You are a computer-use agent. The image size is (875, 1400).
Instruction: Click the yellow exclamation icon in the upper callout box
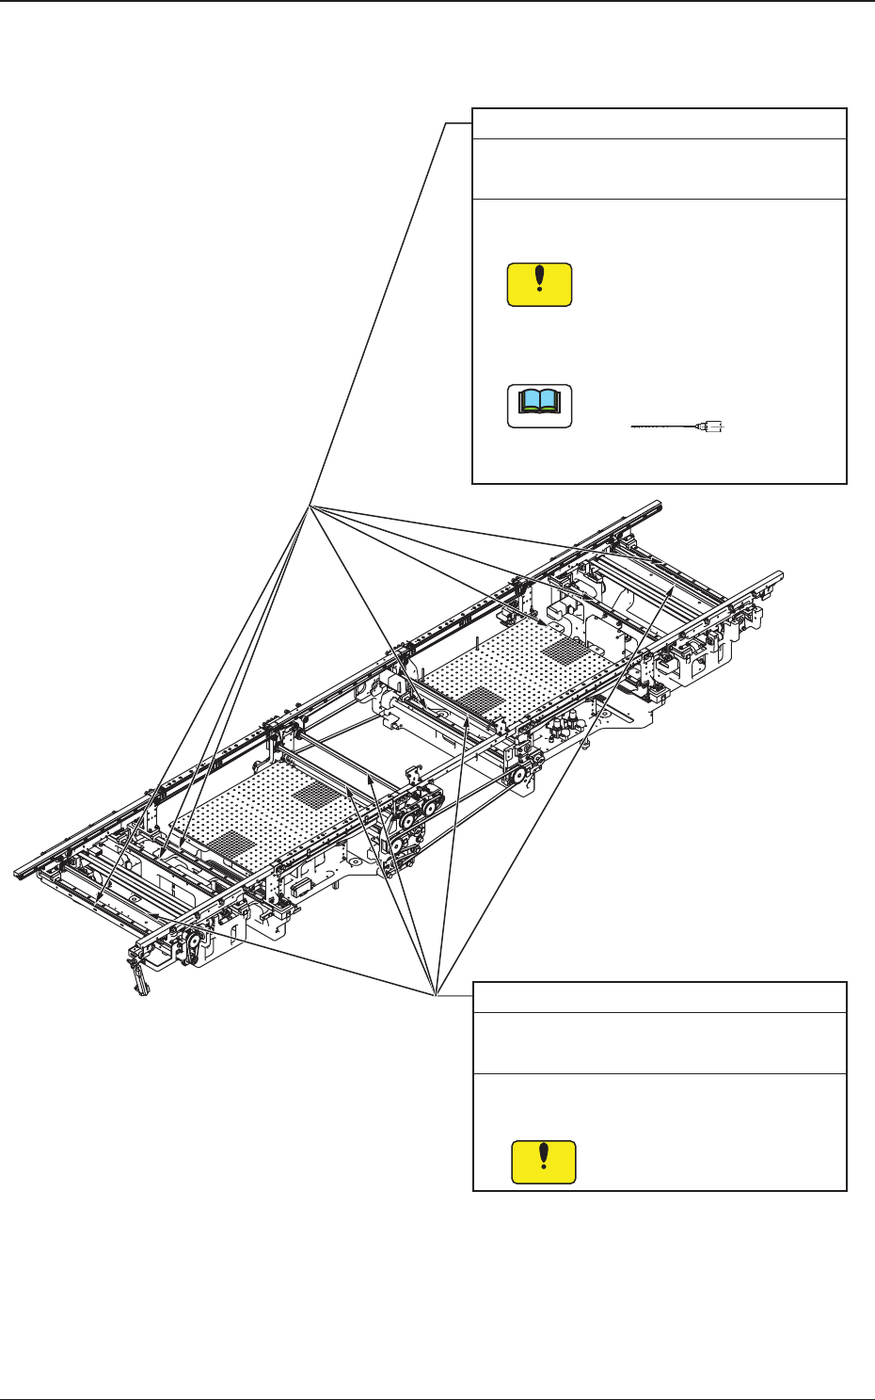click(539, 284)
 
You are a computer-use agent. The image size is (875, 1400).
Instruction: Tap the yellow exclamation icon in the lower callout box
click(543, 1162)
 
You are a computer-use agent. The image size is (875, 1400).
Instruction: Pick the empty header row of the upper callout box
click(659, 124)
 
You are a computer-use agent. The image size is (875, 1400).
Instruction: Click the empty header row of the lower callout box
click(659, 997)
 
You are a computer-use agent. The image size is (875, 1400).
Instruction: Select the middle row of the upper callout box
click(659, 169)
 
